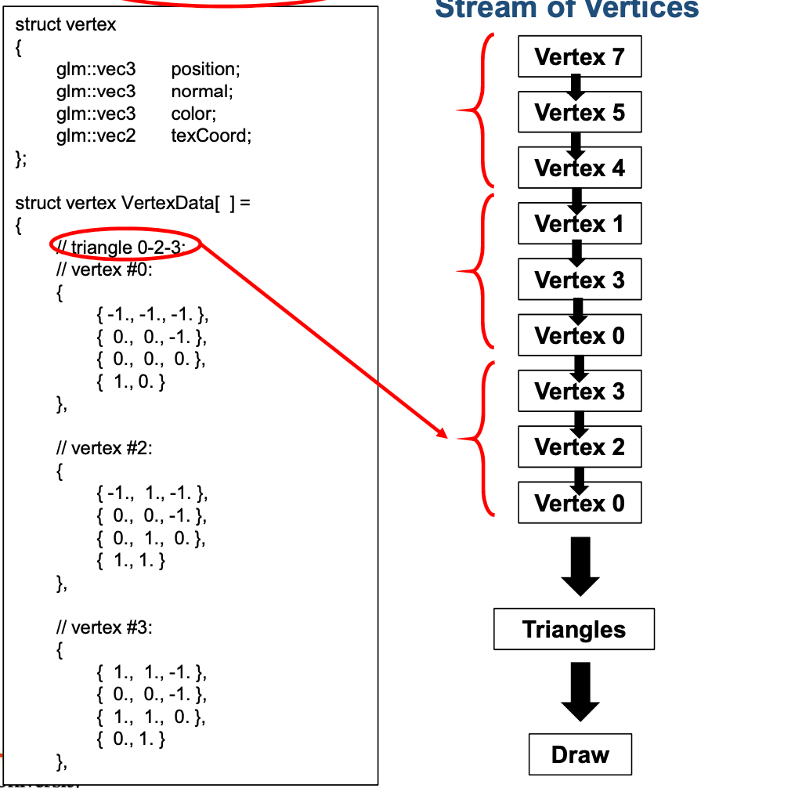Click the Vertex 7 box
(x=580, y=56)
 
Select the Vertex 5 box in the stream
(x=580, y=112)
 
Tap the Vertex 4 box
(x=580, y=168)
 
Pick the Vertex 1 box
(x=580, y=224)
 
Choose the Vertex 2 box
(x=580, y=447)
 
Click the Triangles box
(x=574, y=629)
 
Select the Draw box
(x=580, y=754)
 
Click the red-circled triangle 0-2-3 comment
(x=125, y=248)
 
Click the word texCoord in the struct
(x=211, y=136)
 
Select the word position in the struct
(x=205, y=69)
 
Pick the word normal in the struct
(x=202, y=92)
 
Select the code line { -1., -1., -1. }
(x=153, y=316)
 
